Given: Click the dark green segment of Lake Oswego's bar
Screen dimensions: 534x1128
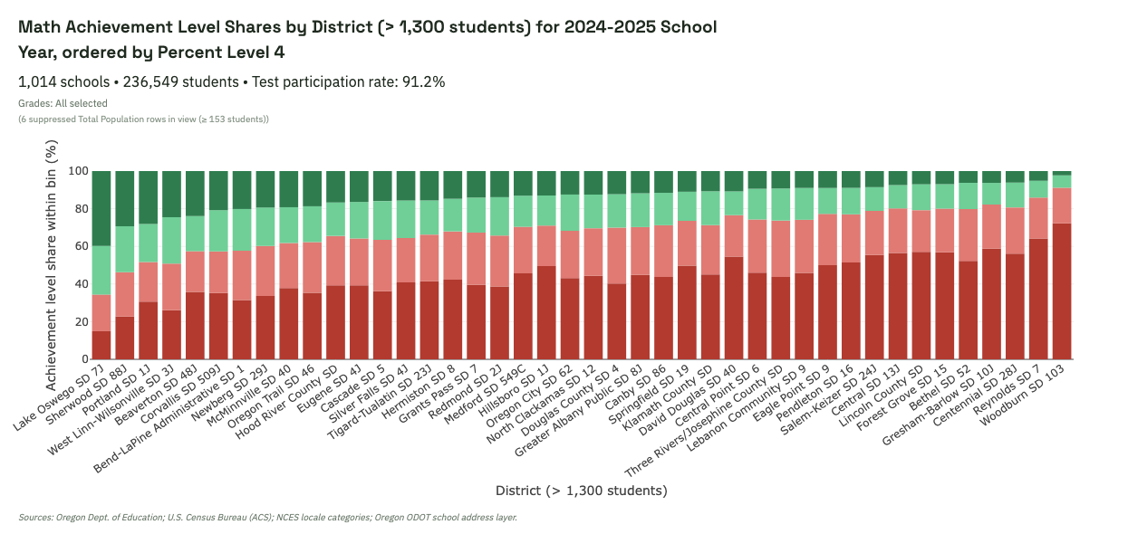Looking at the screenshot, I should tap(101, 208).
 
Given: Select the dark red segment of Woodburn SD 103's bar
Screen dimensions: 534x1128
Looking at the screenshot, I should tap(1061, 291).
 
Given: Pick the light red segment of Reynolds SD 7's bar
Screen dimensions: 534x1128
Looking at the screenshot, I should tap(1037, 218).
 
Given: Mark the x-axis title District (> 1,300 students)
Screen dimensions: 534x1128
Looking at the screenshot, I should tap(581, 491).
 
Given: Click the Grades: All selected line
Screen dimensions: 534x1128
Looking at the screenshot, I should tap(63, 103).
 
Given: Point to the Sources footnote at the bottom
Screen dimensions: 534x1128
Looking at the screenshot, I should tap(267, 518).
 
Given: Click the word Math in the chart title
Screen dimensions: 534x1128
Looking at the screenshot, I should tap(40, 27).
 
